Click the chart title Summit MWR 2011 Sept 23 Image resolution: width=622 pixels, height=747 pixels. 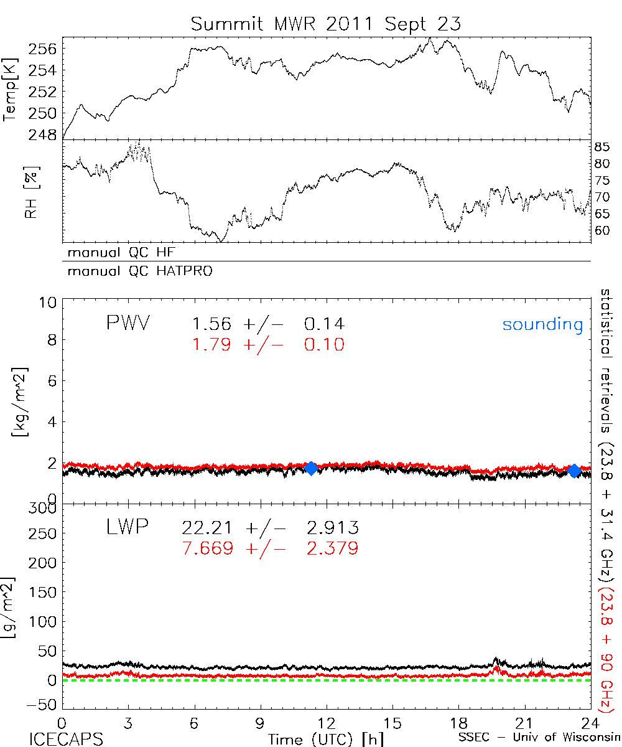tap(326, 24)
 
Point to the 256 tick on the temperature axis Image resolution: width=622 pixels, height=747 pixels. tap(44, 49)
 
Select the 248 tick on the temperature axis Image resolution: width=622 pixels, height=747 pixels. tap(44, 134)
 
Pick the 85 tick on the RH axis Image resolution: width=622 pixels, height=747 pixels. tap(603, 148)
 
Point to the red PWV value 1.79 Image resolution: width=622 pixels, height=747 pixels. tap(211, 345)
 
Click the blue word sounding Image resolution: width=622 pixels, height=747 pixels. tap(543, 324)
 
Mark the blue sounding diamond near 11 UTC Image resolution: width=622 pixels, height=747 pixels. tap(312, 469)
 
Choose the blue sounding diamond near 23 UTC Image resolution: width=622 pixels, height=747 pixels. tap(575, 471)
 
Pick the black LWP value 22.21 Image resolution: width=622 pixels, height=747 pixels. tap(208, 529)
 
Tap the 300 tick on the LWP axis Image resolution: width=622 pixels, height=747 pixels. tap(43, 509)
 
